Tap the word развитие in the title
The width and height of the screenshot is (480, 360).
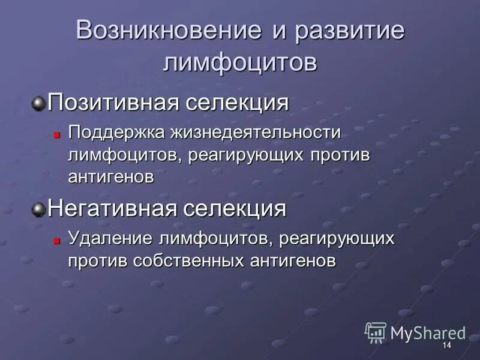[349, 31]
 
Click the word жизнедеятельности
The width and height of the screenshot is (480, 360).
[255, 132]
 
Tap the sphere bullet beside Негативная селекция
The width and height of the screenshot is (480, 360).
[39, 210]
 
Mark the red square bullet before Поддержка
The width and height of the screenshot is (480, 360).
[56, 133]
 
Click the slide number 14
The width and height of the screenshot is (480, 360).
[446, 346]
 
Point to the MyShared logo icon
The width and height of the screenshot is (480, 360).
[376, 332]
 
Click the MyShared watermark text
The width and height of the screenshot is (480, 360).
[428, 333]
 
